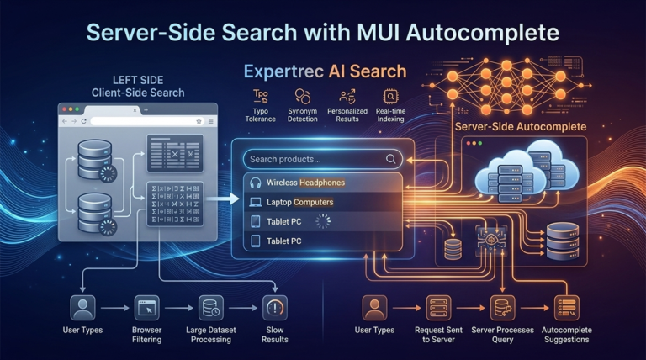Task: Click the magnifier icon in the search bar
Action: [391, 159]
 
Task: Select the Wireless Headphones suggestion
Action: [305, 183]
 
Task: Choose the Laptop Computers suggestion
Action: [299, 203]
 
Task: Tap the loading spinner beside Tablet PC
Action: [323, 221]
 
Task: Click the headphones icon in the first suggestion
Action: [256, 183]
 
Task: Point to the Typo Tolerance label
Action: [261, 114]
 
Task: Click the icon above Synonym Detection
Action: [303, 96]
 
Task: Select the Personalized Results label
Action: [347, 114]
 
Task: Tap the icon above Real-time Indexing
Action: [389, 96]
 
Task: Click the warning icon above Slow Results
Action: [274, 307]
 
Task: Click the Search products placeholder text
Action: [285, 159]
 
